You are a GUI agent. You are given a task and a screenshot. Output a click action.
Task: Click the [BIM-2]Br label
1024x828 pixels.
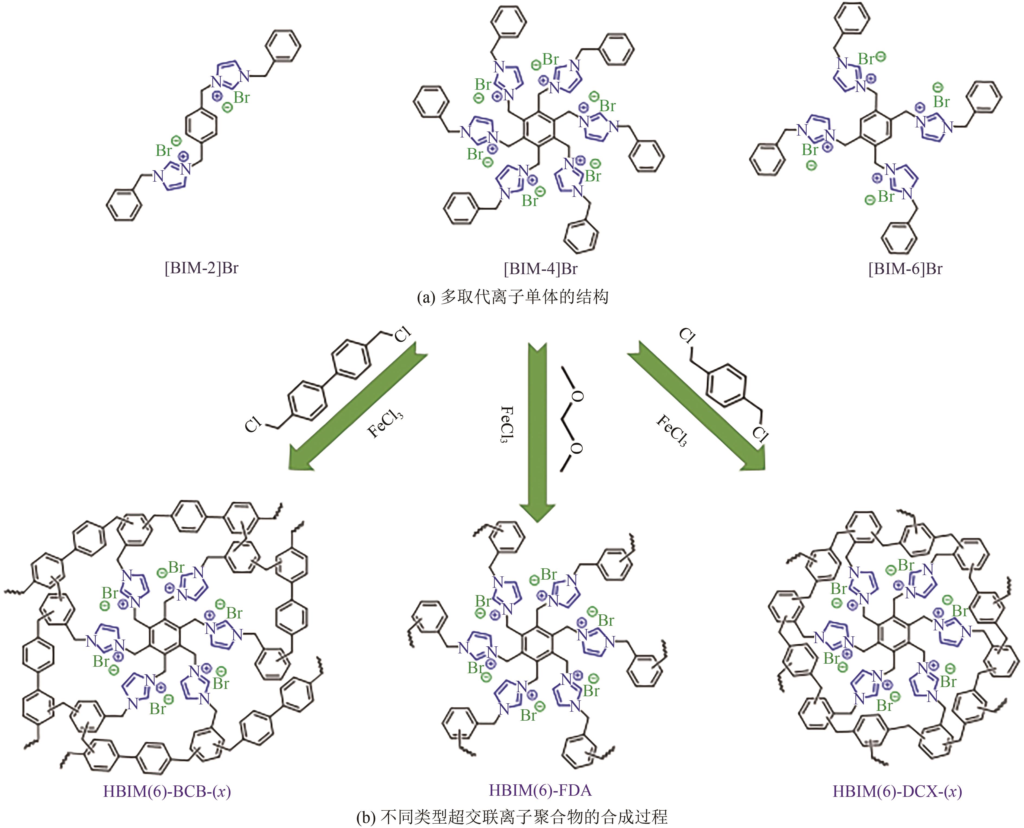pyautogui.click(x=201, y=268)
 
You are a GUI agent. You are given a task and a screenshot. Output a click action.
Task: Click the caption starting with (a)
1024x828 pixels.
pyautogui.click(x=512, y=297)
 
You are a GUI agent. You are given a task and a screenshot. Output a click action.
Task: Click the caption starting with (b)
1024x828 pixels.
pyautogui.click(x=512, y=817)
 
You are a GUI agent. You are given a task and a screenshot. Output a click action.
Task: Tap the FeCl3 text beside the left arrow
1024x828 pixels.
pyautogui.click(x=385, y=421)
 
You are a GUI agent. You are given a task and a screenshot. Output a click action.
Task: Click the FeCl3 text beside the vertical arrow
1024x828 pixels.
pyautogui.click(x=506, y=423)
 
